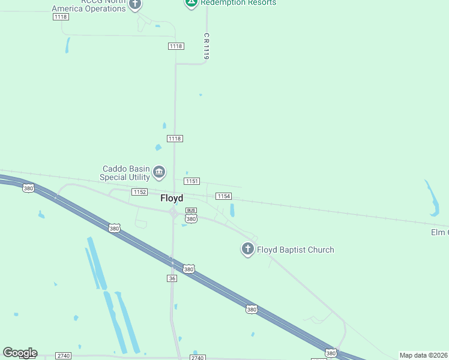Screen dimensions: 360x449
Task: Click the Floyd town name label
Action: (x=172, y=199)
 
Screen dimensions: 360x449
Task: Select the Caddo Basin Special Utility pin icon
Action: (x=159, y=173)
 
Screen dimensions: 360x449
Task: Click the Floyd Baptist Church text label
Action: (x=295, y=250)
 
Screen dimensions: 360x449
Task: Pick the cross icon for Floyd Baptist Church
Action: (x=247, y=248)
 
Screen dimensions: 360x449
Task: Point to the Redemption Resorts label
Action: (x=238, y=3)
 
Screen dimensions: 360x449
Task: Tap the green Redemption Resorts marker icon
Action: (x=191, y=2)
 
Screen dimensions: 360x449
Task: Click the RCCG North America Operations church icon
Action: (x=135, y=4)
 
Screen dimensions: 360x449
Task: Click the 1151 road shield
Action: (x=192, y=181)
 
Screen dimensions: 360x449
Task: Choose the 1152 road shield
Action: (x=139, y=191)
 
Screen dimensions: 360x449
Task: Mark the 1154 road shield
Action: (x=224, y=196)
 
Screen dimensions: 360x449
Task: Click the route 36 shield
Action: (x=172, y=278)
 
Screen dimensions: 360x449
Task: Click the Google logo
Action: (x=20, y=353)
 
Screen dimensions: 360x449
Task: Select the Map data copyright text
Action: (x=424, y=355)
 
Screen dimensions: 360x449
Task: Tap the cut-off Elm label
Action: (x=439, y=232)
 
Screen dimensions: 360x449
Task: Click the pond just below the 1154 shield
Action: (x=232, y=210)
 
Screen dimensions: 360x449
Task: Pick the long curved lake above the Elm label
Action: (x=433, y=197)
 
